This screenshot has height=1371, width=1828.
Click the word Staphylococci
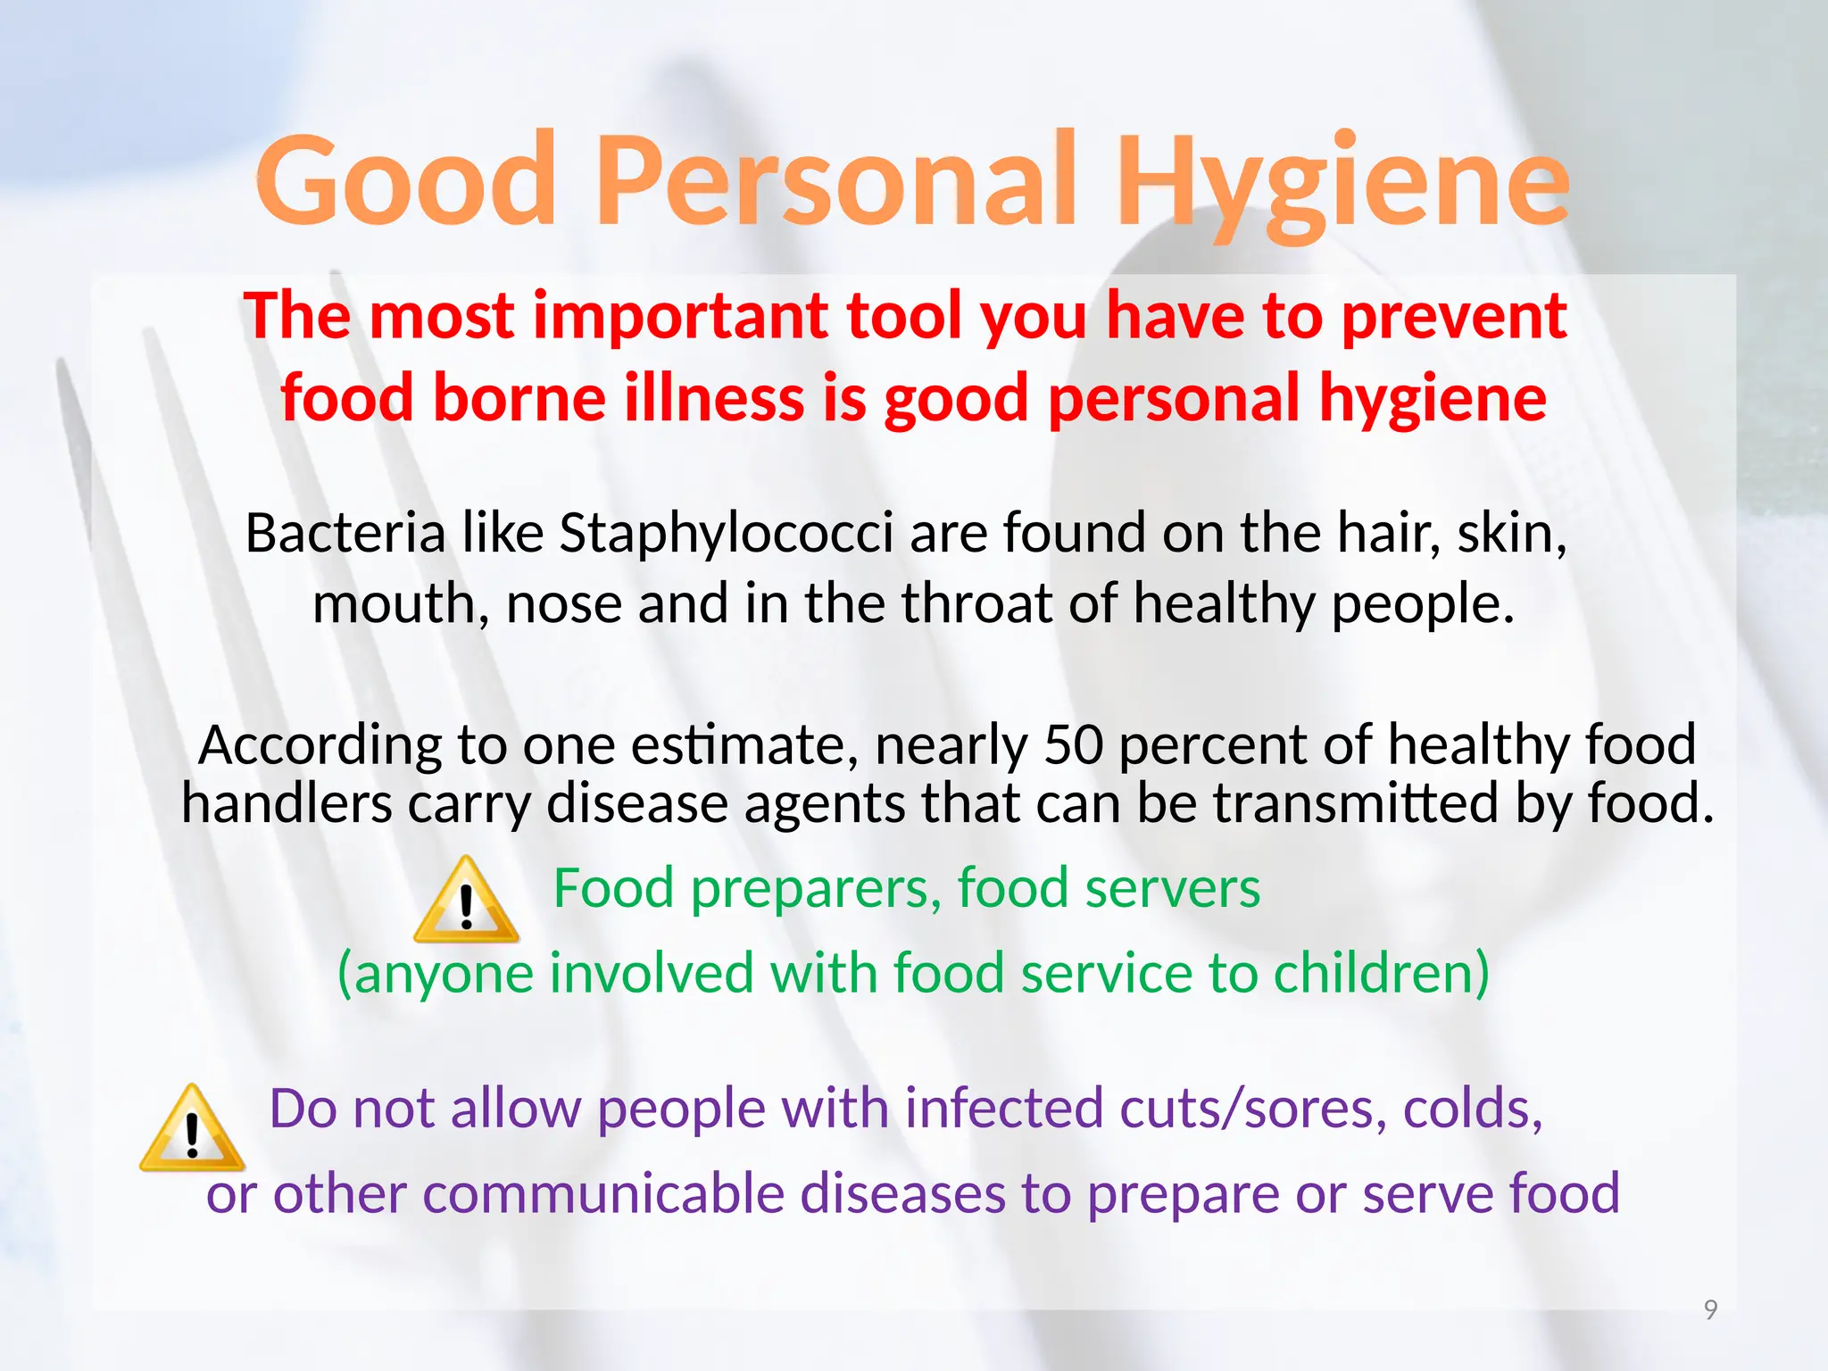click(727, 534)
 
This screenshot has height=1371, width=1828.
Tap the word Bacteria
click(345, 534)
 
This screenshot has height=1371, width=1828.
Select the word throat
click(977, 604)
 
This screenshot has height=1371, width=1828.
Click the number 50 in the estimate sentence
click(1074, 744)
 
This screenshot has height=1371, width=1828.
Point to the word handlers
click(287, 803)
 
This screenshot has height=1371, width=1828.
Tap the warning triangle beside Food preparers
click(466, 902)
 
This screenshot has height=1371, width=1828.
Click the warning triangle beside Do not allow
click(192, 1130)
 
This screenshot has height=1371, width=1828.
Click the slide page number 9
click(1710, 1309)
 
